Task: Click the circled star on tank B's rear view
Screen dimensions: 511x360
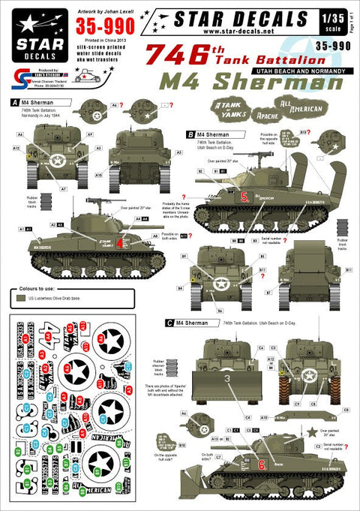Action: coord(220,284)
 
